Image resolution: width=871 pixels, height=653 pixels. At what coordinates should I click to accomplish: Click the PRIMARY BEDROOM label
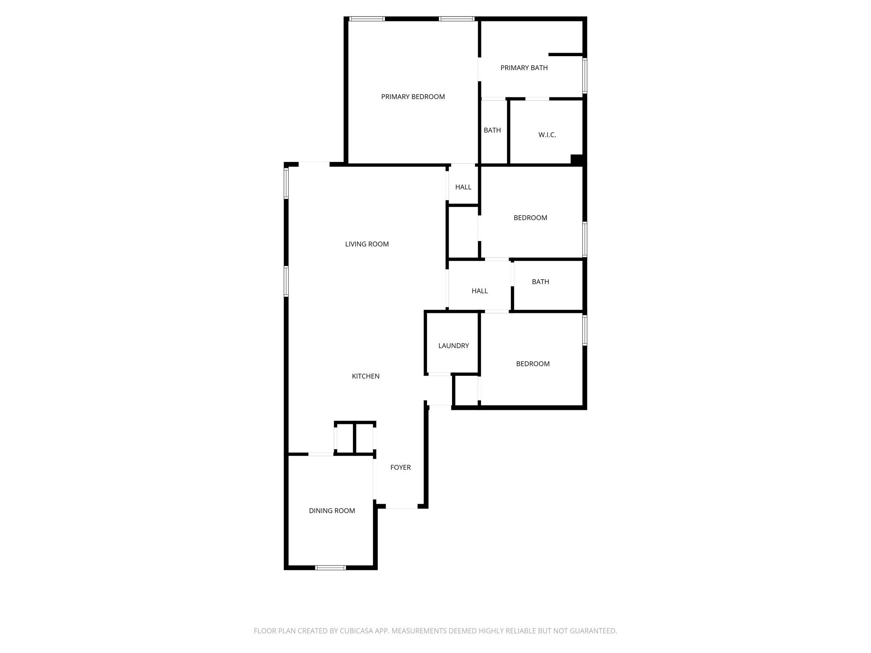(x=413, y=97)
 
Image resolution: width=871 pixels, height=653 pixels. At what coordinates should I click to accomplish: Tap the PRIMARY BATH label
(x=524, y=68)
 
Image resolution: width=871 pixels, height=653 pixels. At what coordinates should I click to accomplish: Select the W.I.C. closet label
(x=547, y=135)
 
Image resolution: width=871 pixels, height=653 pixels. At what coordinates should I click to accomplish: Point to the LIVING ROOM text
(x=367, y=244)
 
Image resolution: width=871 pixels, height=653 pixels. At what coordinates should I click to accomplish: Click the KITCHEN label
(x=365, y=376)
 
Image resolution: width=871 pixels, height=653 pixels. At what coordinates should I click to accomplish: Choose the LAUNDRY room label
(x=453, y=346)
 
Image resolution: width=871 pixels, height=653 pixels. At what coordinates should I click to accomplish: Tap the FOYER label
(x=400, y=468)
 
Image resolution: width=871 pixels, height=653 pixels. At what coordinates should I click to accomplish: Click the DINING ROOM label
(x=332, y=511)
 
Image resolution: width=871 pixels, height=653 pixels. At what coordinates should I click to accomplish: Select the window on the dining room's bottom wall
(x=330, y=568)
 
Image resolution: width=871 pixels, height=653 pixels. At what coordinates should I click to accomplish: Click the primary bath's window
(x=585, y=76)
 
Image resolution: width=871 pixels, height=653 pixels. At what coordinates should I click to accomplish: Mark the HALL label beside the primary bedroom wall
(x=463, y=187)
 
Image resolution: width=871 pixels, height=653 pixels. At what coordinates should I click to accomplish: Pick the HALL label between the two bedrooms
(x=479, y=291)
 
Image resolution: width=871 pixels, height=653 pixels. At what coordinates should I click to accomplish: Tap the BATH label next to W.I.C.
(x=492, y=131)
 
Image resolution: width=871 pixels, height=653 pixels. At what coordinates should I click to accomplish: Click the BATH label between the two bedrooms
(x=540, y=282)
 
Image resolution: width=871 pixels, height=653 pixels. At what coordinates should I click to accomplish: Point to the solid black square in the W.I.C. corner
(x=576, y=159)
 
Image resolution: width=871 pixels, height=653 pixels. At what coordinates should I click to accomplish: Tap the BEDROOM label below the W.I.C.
(x=530, y=218)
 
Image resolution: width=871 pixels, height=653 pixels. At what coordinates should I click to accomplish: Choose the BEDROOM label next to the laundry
(x=532, y=364)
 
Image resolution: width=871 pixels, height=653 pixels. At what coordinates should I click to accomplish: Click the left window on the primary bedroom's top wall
(x=367, y=19)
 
